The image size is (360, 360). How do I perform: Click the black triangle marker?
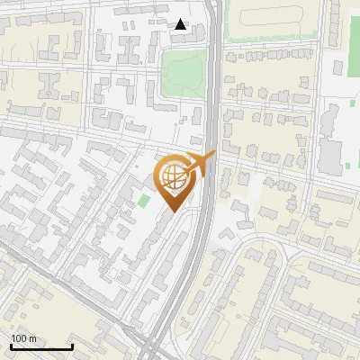[181, 24]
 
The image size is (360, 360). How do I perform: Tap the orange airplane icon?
[198, 166]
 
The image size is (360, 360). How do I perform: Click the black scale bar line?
[41, 346]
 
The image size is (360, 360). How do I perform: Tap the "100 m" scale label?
[23, 338]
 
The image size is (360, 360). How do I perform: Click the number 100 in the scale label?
[19, 338]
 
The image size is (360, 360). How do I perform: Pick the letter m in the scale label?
[32, 338]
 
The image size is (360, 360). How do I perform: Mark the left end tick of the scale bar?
[11, 345]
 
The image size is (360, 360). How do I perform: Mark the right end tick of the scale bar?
[72, 345]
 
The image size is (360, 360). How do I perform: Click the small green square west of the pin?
[144, 199]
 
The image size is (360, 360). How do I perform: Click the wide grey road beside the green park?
[212, 81]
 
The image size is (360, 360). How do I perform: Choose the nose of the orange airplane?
[213, 157]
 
